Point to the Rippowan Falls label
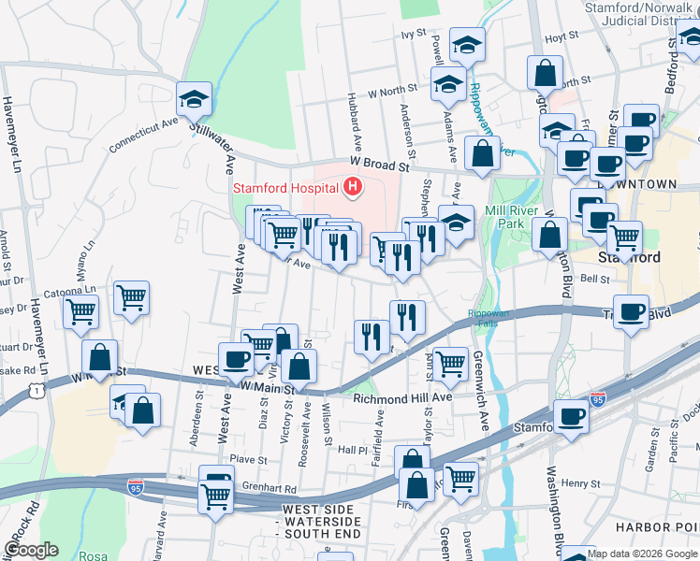tap(488, 319)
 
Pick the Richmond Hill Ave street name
tap(402, 397)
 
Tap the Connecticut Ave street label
tap(142, 135)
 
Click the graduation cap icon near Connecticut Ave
tap(194, 98)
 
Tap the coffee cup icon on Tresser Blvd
tap(632, 310)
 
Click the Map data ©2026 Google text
tap(642, 554)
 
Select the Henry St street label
tap(580, 483)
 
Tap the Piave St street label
tap(249, 459)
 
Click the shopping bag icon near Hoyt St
tap(545, 73)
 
